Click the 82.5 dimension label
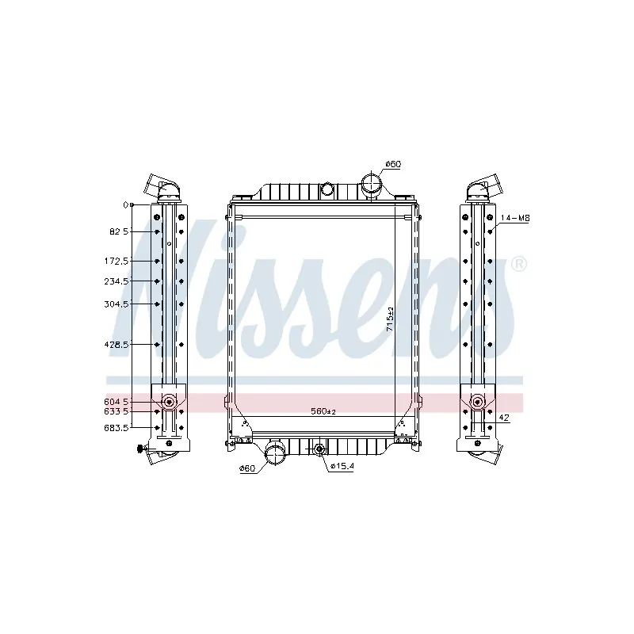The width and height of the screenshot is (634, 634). (118, 231)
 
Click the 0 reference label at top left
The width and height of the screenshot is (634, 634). (125, 205)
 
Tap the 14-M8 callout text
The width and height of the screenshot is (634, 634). (514, 217)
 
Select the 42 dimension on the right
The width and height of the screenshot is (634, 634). (504, 418)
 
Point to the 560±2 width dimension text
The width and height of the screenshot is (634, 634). (323, 412)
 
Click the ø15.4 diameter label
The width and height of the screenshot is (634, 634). (342, 465)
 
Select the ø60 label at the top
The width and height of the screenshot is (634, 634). (392, 164)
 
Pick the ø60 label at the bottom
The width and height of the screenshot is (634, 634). (247, 468)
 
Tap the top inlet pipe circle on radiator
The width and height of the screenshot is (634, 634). (371, 186)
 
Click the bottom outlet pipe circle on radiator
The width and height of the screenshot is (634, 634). (275, 454)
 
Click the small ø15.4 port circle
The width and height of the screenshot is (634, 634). (319, 450)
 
